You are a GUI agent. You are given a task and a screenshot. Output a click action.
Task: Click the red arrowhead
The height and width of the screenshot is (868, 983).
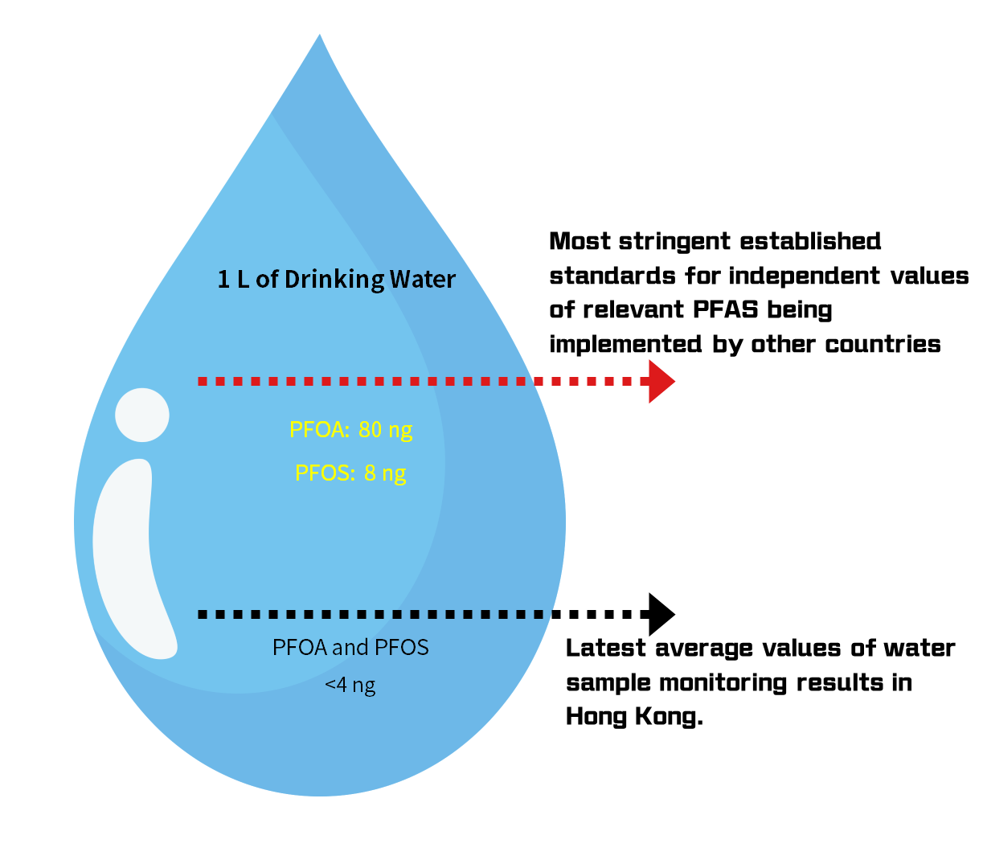pos(661,381)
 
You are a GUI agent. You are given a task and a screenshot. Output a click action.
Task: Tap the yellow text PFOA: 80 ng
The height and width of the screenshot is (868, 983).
pos(350,429)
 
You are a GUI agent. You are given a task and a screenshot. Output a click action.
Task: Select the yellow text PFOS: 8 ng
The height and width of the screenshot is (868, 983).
pos(350,473)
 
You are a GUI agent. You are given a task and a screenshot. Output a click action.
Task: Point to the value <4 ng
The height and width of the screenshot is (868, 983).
pos(350,686)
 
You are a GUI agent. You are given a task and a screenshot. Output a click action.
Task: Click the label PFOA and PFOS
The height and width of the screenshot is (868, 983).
pos(350,647)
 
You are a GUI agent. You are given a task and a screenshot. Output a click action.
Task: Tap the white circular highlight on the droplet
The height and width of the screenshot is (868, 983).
pos(142,415)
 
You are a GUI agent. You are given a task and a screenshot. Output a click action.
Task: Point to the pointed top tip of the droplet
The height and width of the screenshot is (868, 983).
pos(320,39)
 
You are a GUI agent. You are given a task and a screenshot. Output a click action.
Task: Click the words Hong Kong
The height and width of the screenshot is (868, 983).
pos(634,716)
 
